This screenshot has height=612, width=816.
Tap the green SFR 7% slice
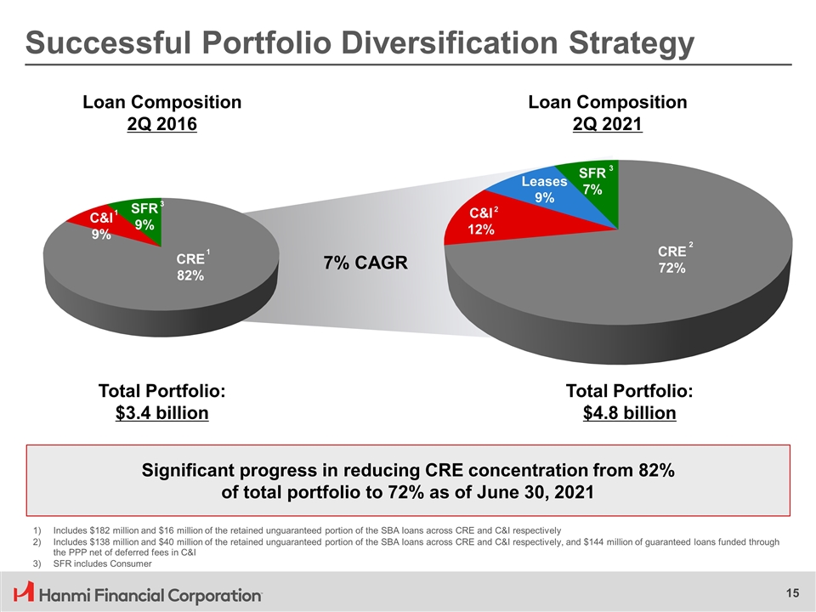(593, 181)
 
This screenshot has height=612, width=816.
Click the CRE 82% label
(190, 267)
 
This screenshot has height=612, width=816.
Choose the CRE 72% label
(671, 259)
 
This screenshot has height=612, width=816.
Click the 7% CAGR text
(365, 263)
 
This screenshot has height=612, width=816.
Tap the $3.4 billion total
(161, 414)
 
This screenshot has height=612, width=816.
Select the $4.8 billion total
(629, 414)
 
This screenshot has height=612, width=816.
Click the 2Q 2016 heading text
(161, 124)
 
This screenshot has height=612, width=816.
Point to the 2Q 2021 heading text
(607, 124)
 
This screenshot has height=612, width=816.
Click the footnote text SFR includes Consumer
(102, 564)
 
